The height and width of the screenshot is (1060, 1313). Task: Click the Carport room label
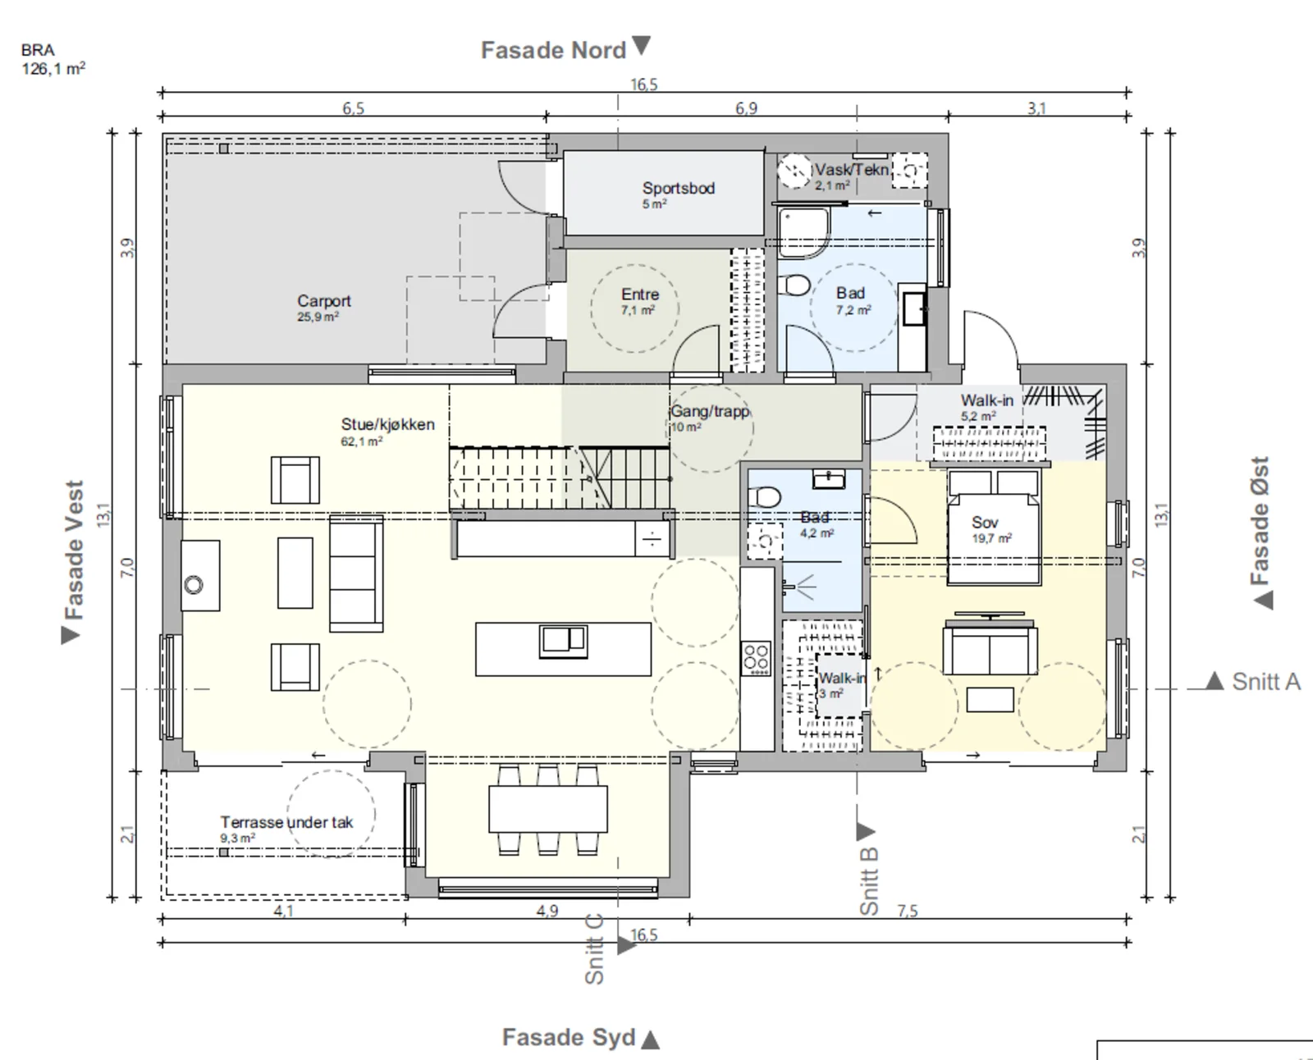click(x=323, y=301)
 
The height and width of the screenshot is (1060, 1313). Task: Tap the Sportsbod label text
click(x=678, y=188)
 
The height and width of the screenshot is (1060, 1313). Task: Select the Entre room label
click(x=640, y=294)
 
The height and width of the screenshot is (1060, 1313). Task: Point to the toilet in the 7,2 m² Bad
click(x=794, y=286)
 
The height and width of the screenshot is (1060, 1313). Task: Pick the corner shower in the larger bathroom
click(x=803, y=232)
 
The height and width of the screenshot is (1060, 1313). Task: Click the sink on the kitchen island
click(x=563, y=641)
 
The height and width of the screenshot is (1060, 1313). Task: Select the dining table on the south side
click(x=548, y=809)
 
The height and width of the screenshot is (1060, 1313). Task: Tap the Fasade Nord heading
click(x=553, y=51)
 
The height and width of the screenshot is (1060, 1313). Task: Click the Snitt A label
click(x=1266, y=682)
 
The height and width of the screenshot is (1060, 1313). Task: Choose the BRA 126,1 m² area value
click(x=53, y=68)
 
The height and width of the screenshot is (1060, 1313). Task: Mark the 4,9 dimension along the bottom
click(x=547, y=910)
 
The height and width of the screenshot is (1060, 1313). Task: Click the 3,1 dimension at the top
click(x=1036, y=108)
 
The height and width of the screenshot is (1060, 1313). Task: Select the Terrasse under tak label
click(x=286, y=822)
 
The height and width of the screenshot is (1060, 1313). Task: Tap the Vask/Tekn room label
click(x=852, y=170)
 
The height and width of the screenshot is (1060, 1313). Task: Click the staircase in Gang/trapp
click(x=560, y=478)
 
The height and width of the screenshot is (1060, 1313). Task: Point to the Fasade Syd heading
click(x=569, y=1037)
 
